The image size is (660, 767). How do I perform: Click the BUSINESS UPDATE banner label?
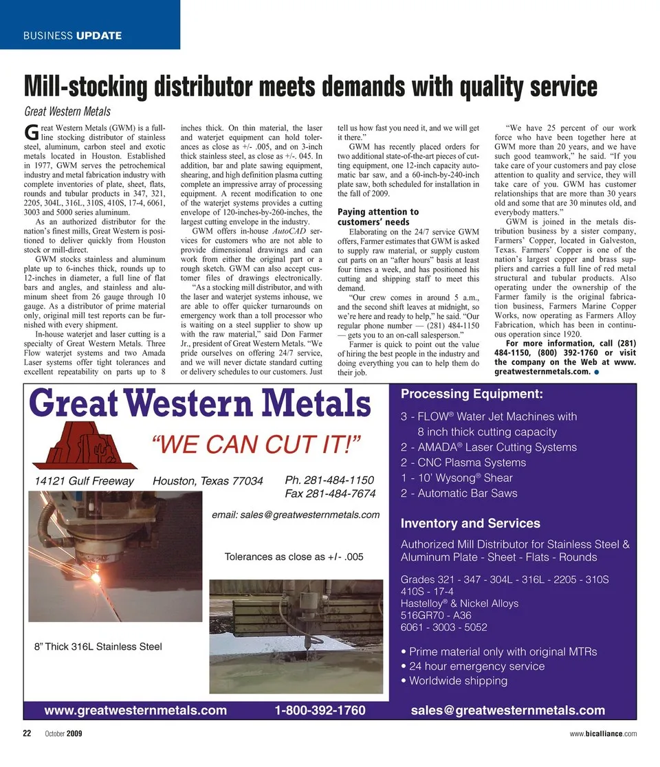coord(72,35)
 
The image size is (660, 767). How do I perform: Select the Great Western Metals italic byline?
coord(67,111)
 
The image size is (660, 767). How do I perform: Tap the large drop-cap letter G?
coord(30,132)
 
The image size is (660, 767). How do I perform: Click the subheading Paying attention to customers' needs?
coord(378,217)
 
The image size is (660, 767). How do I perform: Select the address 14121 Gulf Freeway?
coord(85,481)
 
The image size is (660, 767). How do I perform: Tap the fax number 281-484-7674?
coord(330,493)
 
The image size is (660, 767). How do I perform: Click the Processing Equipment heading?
coord(472,394)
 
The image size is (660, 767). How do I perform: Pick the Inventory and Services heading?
coord(470,523)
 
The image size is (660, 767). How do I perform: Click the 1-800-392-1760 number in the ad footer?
coord(320,710)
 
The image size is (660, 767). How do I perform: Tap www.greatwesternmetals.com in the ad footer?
coord(135,710)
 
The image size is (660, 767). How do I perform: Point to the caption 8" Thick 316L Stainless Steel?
coord(98,646)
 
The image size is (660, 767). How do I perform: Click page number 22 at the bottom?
coord(28,733)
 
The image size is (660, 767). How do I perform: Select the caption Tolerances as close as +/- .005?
coord(294,557)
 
